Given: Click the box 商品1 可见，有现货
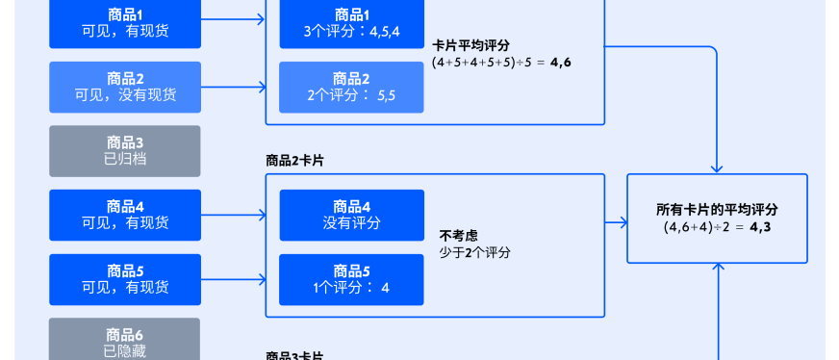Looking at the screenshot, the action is pos(125,23).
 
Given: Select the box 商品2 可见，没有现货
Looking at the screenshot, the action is pos(125,87).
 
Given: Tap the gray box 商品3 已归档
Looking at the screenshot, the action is pos(125,151).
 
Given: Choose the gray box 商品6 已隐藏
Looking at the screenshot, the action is pos(125,342).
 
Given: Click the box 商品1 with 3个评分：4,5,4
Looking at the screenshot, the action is pos(351,23).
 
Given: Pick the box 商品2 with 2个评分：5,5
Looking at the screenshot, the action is pos(351,87).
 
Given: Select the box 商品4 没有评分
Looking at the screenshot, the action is pos(351,215).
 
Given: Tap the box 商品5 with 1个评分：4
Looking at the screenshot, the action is pos(351,279).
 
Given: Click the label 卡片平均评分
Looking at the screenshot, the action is pos(470,45).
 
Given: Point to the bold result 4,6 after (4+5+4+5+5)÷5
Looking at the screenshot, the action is pos(560,63).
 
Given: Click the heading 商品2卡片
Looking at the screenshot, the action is pos(294,160).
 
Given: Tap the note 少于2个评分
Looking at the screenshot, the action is pos(474,252).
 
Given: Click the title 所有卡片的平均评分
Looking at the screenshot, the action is pos(717,209).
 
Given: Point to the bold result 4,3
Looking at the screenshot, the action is pos(760,227).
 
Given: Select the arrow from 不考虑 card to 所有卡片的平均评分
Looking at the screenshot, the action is pos(616,223).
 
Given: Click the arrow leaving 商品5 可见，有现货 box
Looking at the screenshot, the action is pos(233,279).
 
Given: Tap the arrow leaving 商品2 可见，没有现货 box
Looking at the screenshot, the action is pos(233,88).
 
